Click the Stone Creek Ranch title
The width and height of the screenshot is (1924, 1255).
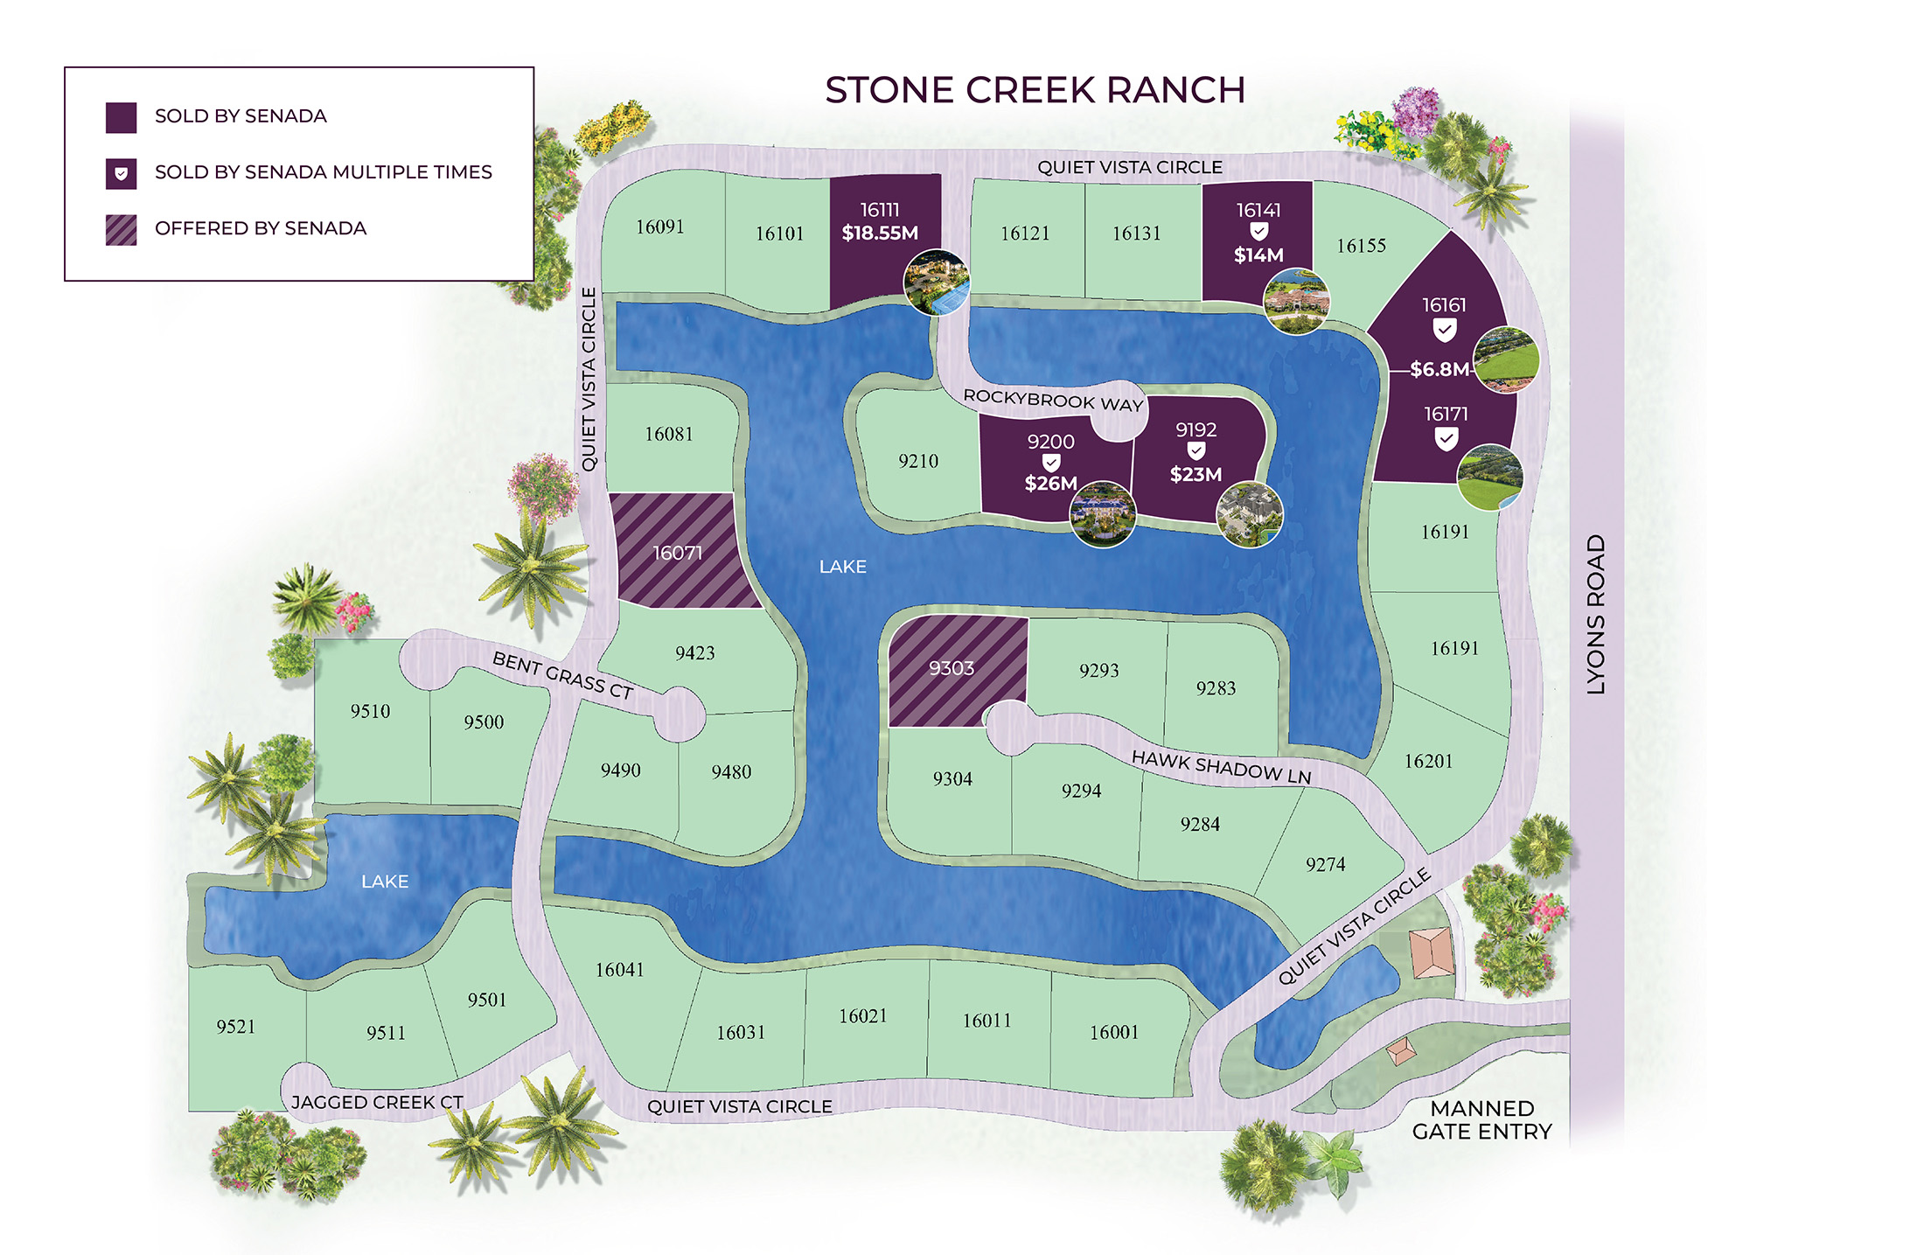tap(1035, 90)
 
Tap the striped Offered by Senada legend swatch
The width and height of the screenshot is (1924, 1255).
tap(121, 229)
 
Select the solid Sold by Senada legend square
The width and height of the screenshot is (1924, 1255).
tap(121, 117)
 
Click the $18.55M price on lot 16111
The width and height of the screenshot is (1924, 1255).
tap(880, 234)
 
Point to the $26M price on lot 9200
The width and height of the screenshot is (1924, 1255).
tap(1050, 484)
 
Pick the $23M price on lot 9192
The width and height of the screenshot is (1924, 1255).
tap(1196, 475)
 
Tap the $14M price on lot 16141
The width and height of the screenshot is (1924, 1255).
tap(1258, 255)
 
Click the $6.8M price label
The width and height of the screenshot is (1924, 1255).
tap(1440, 369)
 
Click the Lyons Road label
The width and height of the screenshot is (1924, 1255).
tap(1596, 614)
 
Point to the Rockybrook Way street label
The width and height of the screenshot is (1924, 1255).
tap(1053, 400)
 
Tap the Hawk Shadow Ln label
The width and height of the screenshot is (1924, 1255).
tap(1222, 767)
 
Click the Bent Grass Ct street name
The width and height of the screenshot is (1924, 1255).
tap(562, 675)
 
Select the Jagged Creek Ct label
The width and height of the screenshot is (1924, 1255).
tap(377, 1102)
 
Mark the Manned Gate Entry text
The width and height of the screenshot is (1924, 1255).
tap(1481, 1120)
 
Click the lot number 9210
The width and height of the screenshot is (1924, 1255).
tap(918, 461)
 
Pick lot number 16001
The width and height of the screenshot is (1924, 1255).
tap(1114, 1032)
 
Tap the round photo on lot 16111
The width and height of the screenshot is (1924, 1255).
tap(937, 282)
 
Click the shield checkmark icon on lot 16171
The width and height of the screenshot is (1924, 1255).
tap(1446, 438)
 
